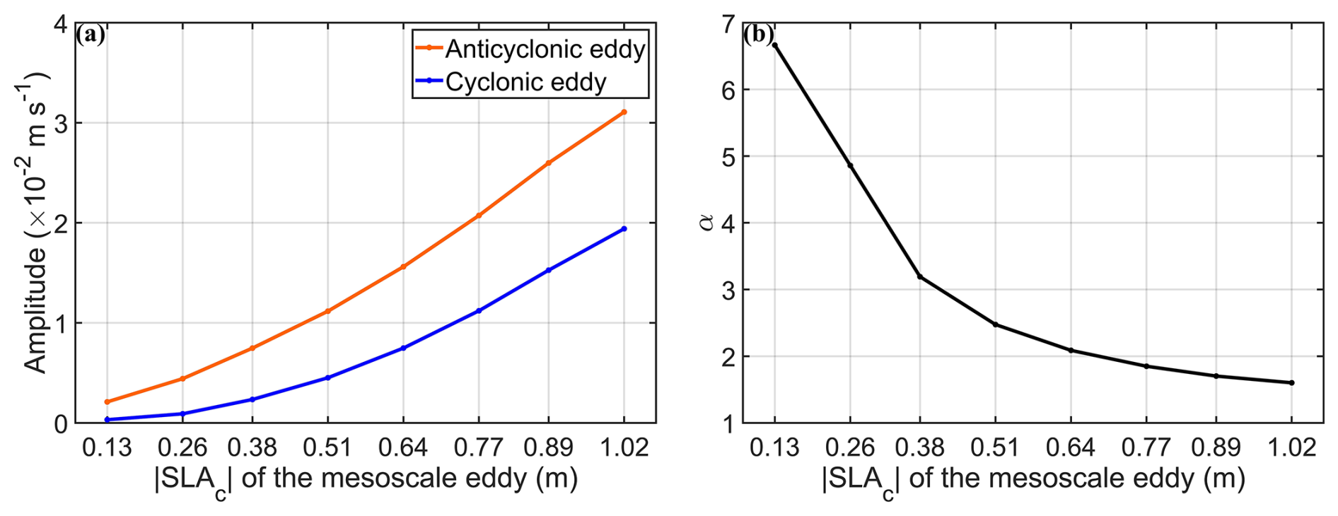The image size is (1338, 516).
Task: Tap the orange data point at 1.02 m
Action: pyautogui.click(x=624, y=112)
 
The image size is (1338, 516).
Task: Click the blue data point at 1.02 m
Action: pyautogui.click(x=624, y=228)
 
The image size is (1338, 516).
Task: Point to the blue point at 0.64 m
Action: pyautogui.click(x=403, y=348)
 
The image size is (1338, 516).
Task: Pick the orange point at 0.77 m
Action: pyautogui.click(x=479, y=215)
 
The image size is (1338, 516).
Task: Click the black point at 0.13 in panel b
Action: pyautogui.click(x=775, y=45)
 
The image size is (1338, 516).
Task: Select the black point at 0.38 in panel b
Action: pyautogui.click(x=920, y=276)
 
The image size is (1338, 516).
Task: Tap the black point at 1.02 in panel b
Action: pyautogui.click(x=1291, y=382)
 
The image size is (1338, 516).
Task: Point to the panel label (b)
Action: pyautogui.click(x=758, y=35)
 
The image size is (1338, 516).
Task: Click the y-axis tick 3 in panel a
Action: pyautogui.click(x=60, y=123)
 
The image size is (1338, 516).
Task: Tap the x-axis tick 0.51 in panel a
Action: pyautogui.click(x=327, y=447)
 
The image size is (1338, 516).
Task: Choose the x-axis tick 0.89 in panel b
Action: pyautogui.click(x=1216, y=447)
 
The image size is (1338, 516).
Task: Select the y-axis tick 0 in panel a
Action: pyautogui.click(x=60, y=424)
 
